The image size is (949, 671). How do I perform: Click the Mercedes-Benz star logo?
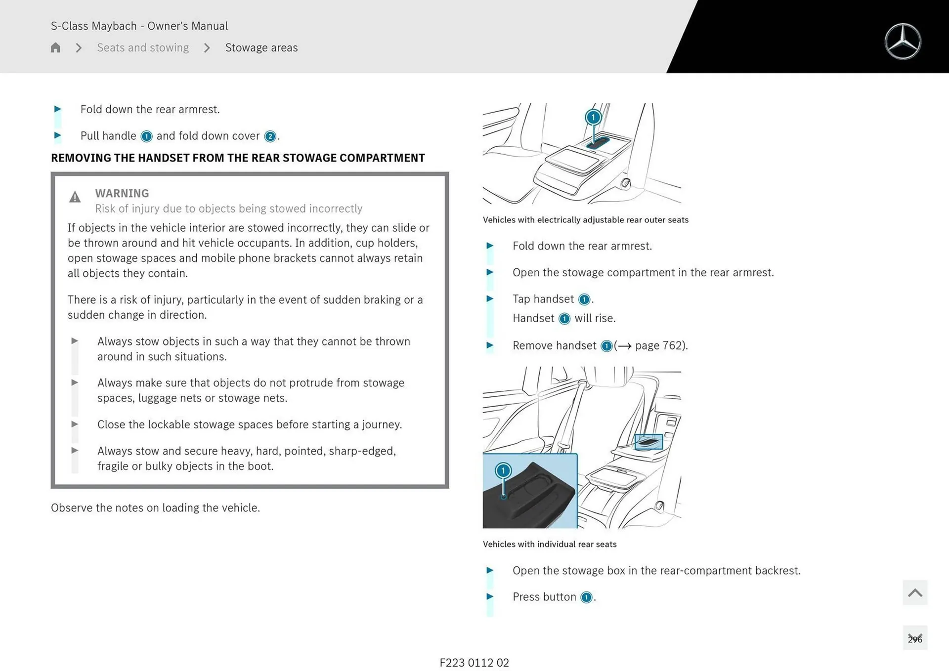pyautogui.click(x=903, y=42)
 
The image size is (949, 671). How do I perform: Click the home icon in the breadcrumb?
pyautogui.click(x=55, y=47)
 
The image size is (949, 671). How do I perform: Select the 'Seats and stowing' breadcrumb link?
pyautogui.click(x=143, y=47)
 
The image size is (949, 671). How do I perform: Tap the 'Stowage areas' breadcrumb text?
pyautogui.click(x=261, y=47)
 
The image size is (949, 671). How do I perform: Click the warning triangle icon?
pyautogui.click(x=75, y=197)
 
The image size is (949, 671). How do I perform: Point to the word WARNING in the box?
pyautogui.click(x=122, y=193)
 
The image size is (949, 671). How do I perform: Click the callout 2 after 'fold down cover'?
pyautogui.click(x=270, y=136)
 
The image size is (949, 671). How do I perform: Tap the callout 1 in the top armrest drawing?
pyautogui.click(x=593, y=117)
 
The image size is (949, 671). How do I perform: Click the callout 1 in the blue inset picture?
pyautogui.click(x=503, y=470)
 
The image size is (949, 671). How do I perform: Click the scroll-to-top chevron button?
pyautogui.click(x=914, y=592)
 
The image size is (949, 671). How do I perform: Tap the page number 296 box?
pyautogui.click(x=914, y=638)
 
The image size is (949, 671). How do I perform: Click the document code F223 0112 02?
pyautogui.click(x=474, y=663)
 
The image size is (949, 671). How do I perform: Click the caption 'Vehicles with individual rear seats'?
pyautogui.click(x=550, y=544)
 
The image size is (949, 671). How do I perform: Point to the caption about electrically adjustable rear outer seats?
pyautogui.click(x=585, y=220)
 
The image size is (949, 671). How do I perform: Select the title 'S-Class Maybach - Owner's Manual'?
pyautogui.click(x=139, y=26)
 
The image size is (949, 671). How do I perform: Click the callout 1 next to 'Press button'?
pyautogui.click(x=586, y=597)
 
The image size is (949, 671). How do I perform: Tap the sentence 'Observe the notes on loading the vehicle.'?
pyautogui.click(x=155, y=507)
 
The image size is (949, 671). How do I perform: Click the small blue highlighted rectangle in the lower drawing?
pyautogui.click(x=648, y=442)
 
